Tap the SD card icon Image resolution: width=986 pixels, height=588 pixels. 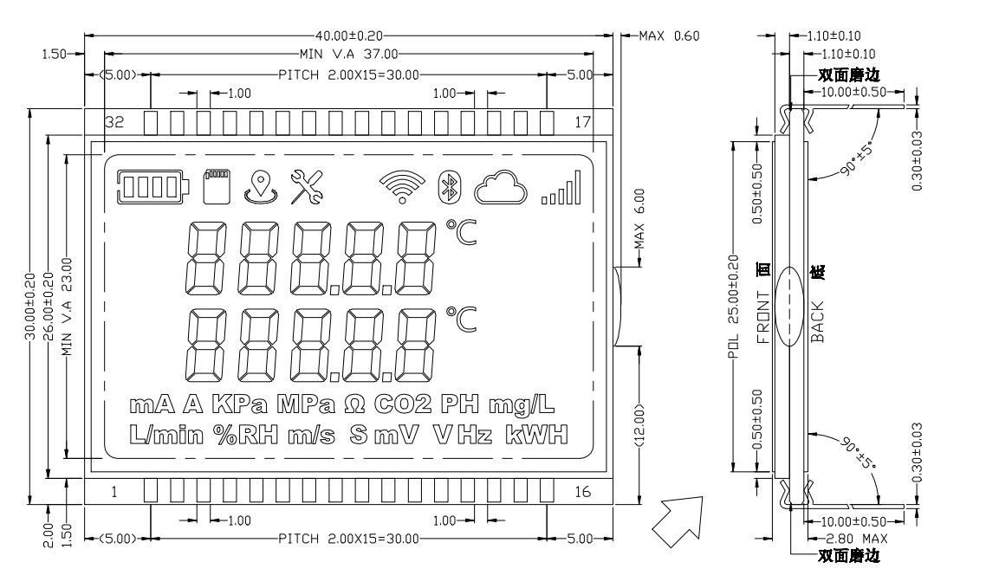pyautogui.click(x=217, y=184)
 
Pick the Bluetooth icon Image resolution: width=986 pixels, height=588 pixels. pyautogui.click(x=447, y=184)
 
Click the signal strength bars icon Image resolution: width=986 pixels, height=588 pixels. pyautogui.click(x=561, y=188)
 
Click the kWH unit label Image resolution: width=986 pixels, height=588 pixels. pyautogui.click(x=535, y=434)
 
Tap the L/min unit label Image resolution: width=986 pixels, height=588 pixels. pyautogui.click(x=168, y=434)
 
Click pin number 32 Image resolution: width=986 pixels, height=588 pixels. pyautogui.click(x=114, y=122)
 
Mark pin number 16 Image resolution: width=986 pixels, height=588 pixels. pyautogui.click(x=582, y=492)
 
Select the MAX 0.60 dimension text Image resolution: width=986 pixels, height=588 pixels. pyautogui.click(x=668, y=36)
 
